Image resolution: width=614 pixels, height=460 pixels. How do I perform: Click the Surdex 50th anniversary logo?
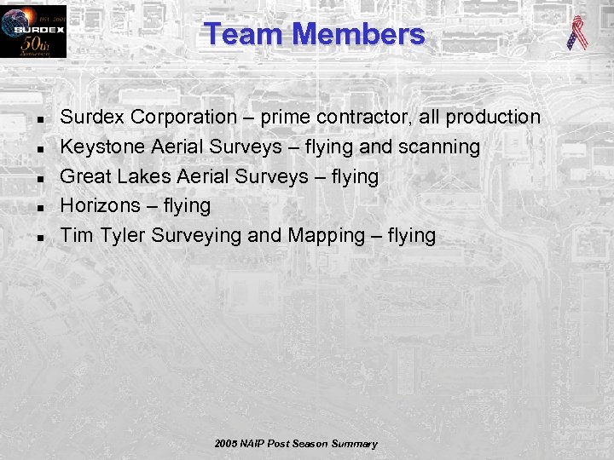point(33,32)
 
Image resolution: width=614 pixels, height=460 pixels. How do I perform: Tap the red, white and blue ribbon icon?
point(577,33)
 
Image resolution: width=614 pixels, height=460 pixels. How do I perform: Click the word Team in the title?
point(244,34)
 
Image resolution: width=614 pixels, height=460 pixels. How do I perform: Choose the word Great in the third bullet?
point(84,176)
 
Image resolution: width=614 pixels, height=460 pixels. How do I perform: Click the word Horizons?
point(100,205)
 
